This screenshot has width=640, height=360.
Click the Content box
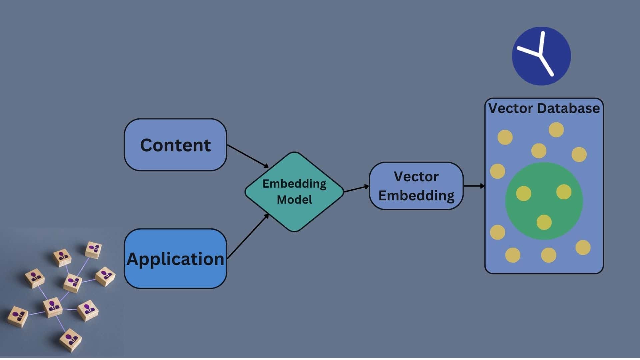175,145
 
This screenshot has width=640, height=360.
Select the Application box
175,259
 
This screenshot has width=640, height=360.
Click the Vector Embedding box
416,186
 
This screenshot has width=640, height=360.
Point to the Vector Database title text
544,108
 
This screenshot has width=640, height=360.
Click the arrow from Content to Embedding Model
247,156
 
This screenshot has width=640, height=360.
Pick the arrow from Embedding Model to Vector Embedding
356,189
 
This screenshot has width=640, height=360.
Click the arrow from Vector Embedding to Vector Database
474,186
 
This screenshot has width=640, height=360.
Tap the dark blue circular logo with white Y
541,56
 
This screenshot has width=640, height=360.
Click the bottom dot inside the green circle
544,222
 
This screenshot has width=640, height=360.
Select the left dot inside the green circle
524,193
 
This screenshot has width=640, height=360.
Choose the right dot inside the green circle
564,192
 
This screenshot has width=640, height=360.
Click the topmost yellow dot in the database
556,130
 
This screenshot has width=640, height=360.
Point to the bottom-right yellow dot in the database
583,247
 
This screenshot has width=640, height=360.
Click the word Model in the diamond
294,200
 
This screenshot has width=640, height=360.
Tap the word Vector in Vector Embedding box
416,177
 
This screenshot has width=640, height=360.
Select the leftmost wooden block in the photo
18,316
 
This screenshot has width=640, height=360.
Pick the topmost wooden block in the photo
93,250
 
